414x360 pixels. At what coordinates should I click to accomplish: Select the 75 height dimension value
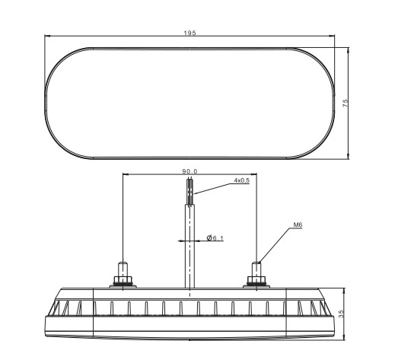coord(345,104)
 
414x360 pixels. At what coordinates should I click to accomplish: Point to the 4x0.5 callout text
coord(242,181)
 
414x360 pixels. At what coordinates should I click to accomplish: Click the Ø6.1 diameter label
coord(215,239)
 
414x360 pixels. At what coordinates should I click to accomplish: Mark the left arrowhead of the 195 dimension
coord(48,37)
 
